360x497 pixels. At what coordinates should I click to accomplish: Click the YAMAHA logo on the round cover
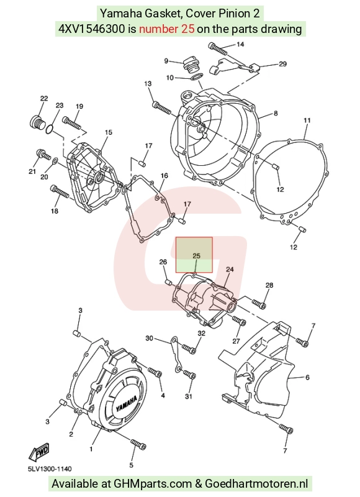(x=127, y=403)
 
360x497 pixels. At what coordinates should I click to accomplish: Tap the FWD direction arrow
(x=39, y=452)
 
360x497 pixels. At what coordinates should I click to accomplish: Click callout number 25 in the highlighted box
(x=196, y=255)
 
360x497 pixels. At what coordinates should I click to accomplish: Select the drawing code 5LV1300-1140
(x=50, y=468)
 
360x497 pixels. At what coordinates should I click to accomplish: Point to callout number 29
(x=282, y=64)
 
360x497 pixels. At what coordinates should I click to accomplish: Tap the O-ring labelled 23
(x=49, y=129)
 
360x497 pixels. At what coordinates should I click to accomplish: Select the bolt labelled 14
(x=218, y=48)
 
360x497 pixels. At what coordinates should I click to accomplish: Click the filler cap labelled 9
(x=191, y=65)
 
